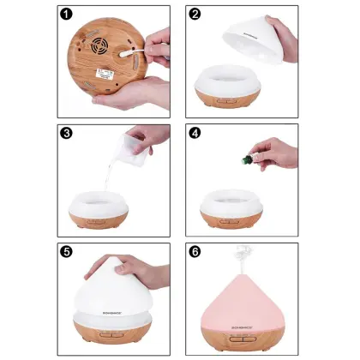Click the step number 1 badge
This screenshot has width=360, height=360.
(66, 14)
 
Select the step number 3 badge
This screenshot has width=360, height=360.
(66, 133)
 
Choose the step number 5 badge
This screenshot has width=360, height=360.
(66, 252)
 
